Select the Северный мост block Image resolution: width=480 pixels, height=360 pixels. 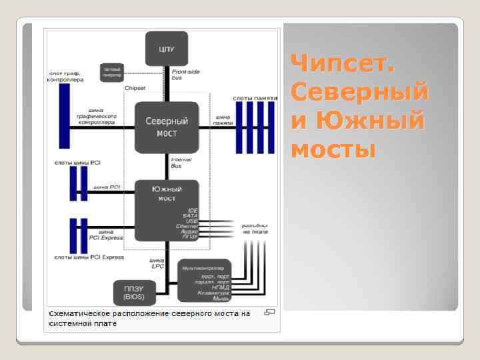(166, 127)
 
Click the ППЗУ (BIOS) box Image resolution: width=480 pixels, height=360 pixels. (135, 291)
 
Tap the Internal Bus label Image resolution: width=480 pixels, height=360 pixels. (181, 163)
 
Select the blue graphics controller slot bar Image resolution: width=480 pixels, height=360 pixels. (65, 116)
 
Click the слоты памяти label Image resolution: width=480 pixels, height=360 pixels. (251, 98)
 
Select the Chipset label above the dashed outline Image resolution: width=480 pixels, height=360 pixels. (135, 87)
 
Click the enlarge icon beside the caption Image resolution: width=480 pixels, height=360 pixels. (271, 312)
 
